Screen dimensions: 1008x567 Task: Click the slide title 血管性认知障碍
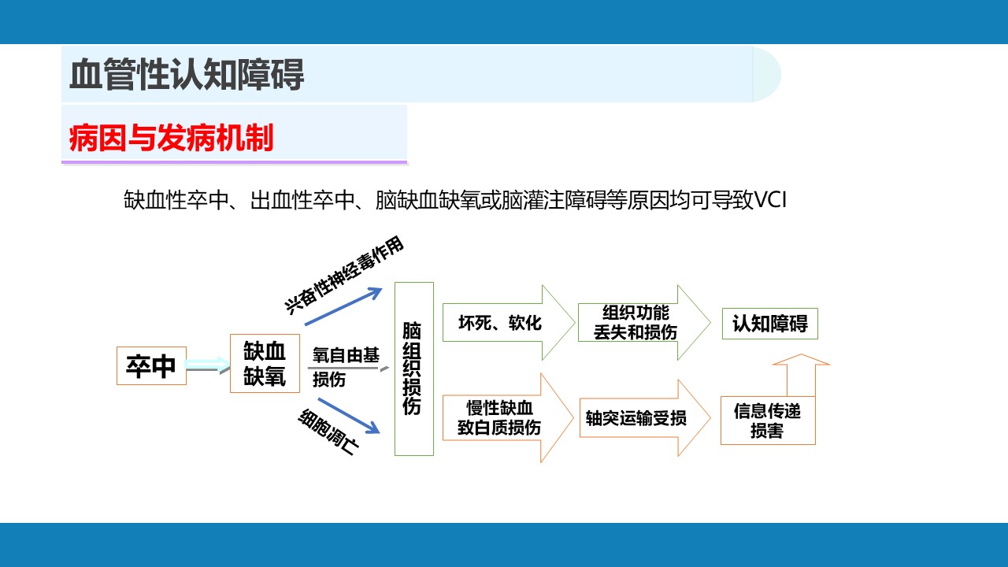point(187,74)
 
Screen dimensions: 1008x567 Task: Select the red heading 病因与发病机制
point(171,138)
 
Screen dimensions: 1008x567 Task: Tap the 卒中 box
point(151,366)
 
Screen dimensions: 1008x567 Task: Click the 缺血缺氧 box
point(265,364)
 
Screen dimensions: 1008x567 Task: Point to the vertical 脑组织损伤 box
point(414,369)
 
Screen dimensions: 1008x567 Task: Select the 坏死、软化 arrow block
point(509,323)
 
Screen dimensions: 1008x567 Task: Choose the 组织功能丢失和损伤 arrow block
point(644,323)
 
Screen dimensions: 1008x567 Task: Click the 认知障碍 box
point(770,324)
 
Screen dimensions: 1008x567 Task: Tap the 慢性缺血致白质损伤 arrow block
point(508,418)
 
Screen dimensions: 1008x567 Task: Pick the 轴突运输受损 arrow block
point(645,418)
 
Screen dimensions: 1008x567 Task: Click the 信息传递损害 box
point(768,421)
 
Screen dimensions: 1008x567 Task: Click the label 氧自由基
point(346,355)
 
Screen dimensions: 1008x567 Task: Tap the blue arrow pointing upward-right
point(344,306)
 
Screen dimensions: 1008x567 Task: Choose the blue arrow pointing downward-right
point(349,416)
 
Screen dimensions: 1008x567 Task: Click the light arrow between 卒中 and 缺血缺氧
point(207,365)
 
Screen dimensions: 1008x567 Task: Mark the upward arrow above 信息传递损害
point(801,375)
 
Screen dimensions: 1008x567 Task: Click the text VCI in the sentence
point(770,200)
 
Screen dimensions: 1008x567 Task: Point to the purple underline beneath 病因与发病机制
point(234,162)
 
